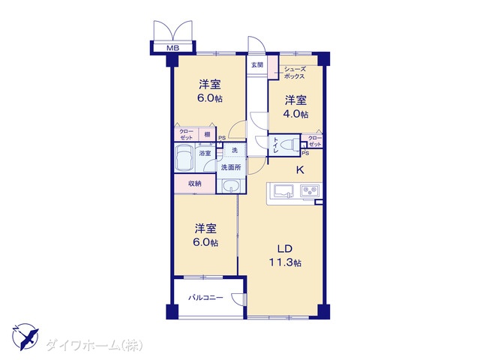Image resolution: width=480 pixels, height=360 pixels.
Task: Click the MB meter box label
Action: pyautogui.click(x=172, y=48)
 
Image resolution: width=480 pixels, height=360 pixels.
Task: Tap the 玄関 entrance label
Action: pyautogui.click(x=257, y=65)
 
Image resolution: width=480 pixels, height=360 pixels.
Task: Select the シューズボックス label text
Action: pyautogui.click(x=295, y=73)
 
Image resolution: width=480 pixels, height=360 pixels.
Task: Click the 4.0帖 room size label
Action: pyautogui.click(x=295, y=114)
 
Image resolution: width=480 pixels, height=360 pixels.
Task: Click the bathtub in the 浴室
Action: pyautogui.click(x=185, y=158)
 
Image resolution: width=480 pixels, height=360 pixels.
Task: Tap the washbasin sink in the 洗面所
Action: pyautogui.click(x=232, y=186)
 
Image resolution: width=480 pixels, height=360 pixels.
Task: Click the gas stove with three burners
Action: pyautogui.click(x=310, y=191)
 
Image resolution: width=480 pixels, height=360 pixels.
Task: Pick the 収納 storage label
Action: pyautogui.click(x=195, y=184)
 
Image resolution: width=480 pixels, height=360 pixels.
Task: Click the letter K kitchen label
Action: pyautogui.click(x=300, y=170)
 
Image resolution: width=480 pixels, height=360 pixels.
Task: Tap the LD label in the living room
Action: pyautogui.click(x=285, y=249)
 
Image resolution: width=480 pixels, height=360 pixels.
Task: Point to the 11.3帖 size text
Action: pyautogui.click(x=285, y=262)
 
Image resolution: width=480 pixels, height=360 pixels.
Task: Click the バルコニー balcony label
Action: pyautogui.click(x=205, y=297)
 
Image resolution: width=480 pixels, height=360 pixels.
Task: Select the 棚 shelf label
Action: pyautogui.click(x=207, y=134)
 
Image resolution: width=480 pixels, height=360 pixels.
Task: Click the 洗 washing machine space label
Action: pyautogui.click(x=235, y=150)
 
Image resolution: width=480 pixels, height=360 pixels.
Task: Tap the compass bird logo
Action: pyautogui.click(x=25, y=337)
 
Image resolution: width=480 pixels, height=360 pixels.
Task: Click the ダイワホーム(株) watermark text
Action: pyautogui.click(x=94, y=345)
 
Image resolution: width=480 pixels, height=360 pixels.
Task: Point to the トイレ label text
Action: pyautogui.click(x=276, y=145)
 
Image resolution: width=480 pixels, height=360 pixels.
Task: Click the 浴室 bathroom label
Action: pyautogui.click(x=205, y=153)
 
